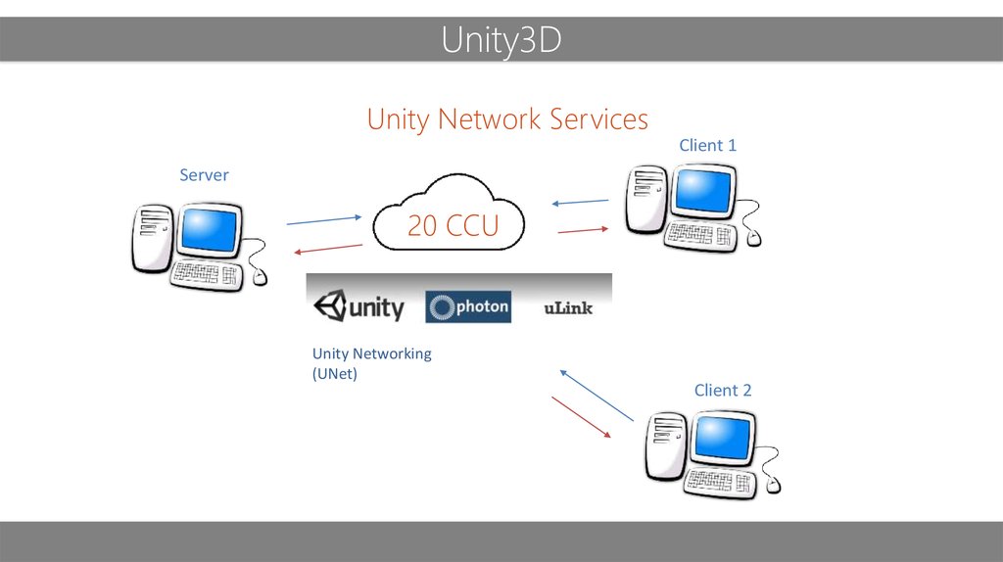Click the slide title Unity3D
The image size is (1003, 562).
[501, 41]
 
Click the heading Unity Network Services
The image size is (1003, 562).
[507, 119]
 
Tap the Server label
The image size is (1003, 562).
[204, 175]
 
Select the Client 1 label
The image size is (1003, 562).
[707, 145]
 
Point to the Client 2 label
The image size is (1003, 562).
[723, 390]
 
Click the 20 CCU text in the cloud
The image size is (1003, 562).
[453, 226]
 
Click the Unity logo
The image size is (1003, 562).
[358, 307]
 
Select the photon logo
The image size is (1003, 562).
[468, 307]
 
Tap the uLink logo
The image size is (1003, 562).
[568, 308]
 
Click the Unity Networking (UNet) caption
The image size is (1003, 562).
[371, 363]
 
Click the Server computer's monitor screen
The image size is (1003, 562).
[208, 231]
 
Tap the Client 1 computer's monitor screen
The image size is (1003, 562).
[702, 192]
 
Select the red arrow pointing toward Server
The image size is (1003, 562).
[328, 249]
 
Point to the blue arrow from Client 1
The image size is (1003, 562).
[580, 203]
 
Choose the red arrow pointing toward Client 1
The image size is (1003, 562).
[583, 230]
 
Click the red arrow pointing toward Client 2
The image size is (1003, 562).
[583, 417]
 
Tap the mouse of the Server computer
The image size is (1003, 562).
[260, 277]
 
